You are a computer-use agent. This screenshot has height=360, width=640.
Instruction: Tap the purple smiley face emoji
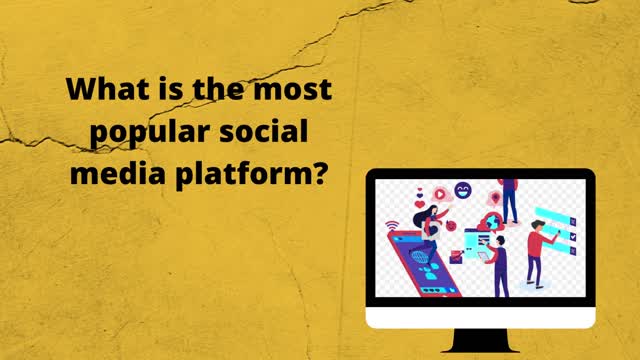[462, 190]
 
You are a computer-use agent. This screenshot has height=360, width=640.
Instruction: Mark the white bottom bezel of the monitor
[480, 318]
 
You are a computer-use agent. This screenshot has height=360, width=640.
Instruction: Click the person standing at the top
[509, 200]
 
